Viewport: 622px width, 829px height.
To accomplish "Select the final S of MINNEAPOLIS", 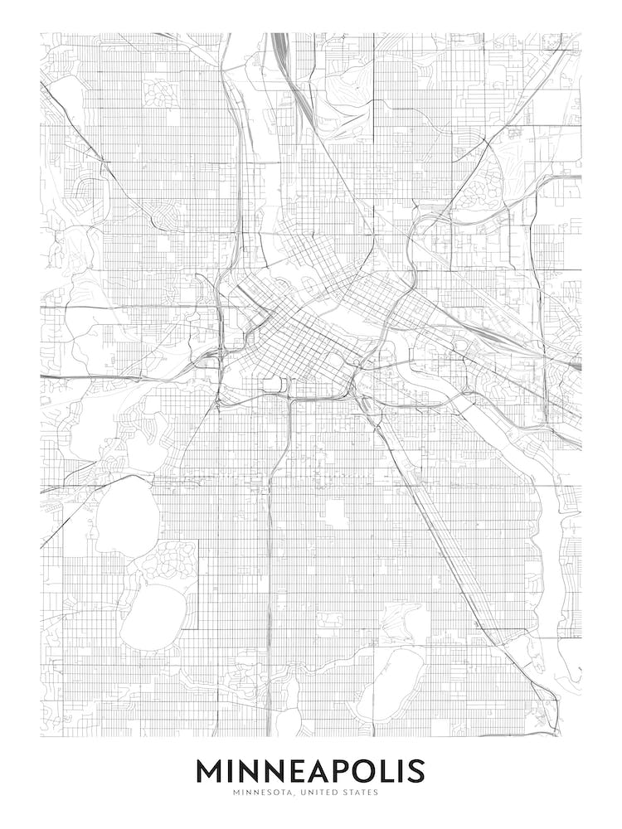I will [x=415, y=772].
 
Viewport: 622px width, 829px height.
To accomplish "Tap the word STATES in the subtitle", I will [x=359, y=793].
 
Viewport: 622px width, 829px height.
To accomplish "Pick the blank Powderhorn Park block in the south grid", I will [x=337, y=514].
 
